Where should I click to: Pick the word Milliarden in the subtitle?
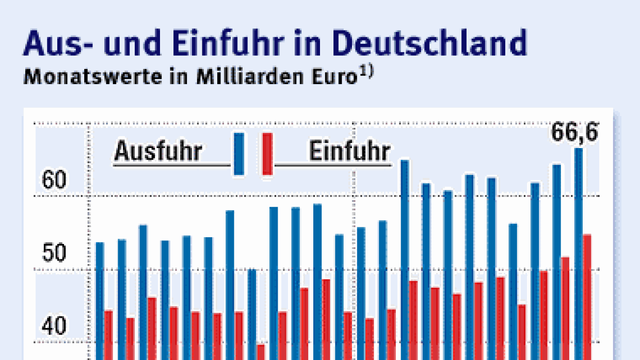[x=241, y=78]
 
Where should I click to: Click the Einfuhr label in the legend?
[x=349, y=152]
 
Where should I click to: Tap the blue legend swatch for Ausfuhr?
[x=239, y=154]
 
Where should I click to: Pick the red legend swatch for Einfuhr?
[x=267, y=154]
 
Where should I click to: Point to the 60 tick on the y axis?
[x=55, y=181]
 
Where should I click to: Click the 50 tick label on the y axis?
[x=55, y=254]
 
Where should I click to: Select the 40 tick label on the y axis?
[x=55, y=326]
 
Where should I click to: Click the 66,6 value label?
[x=574, y=133]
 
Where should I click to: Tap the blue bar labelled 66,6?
[x=579, y=253]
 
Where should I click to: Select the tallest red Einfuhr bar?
[x=587, y=297]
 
